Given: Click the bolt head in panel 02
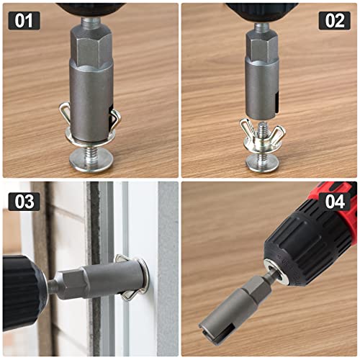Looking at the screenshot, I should [262, 163].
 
